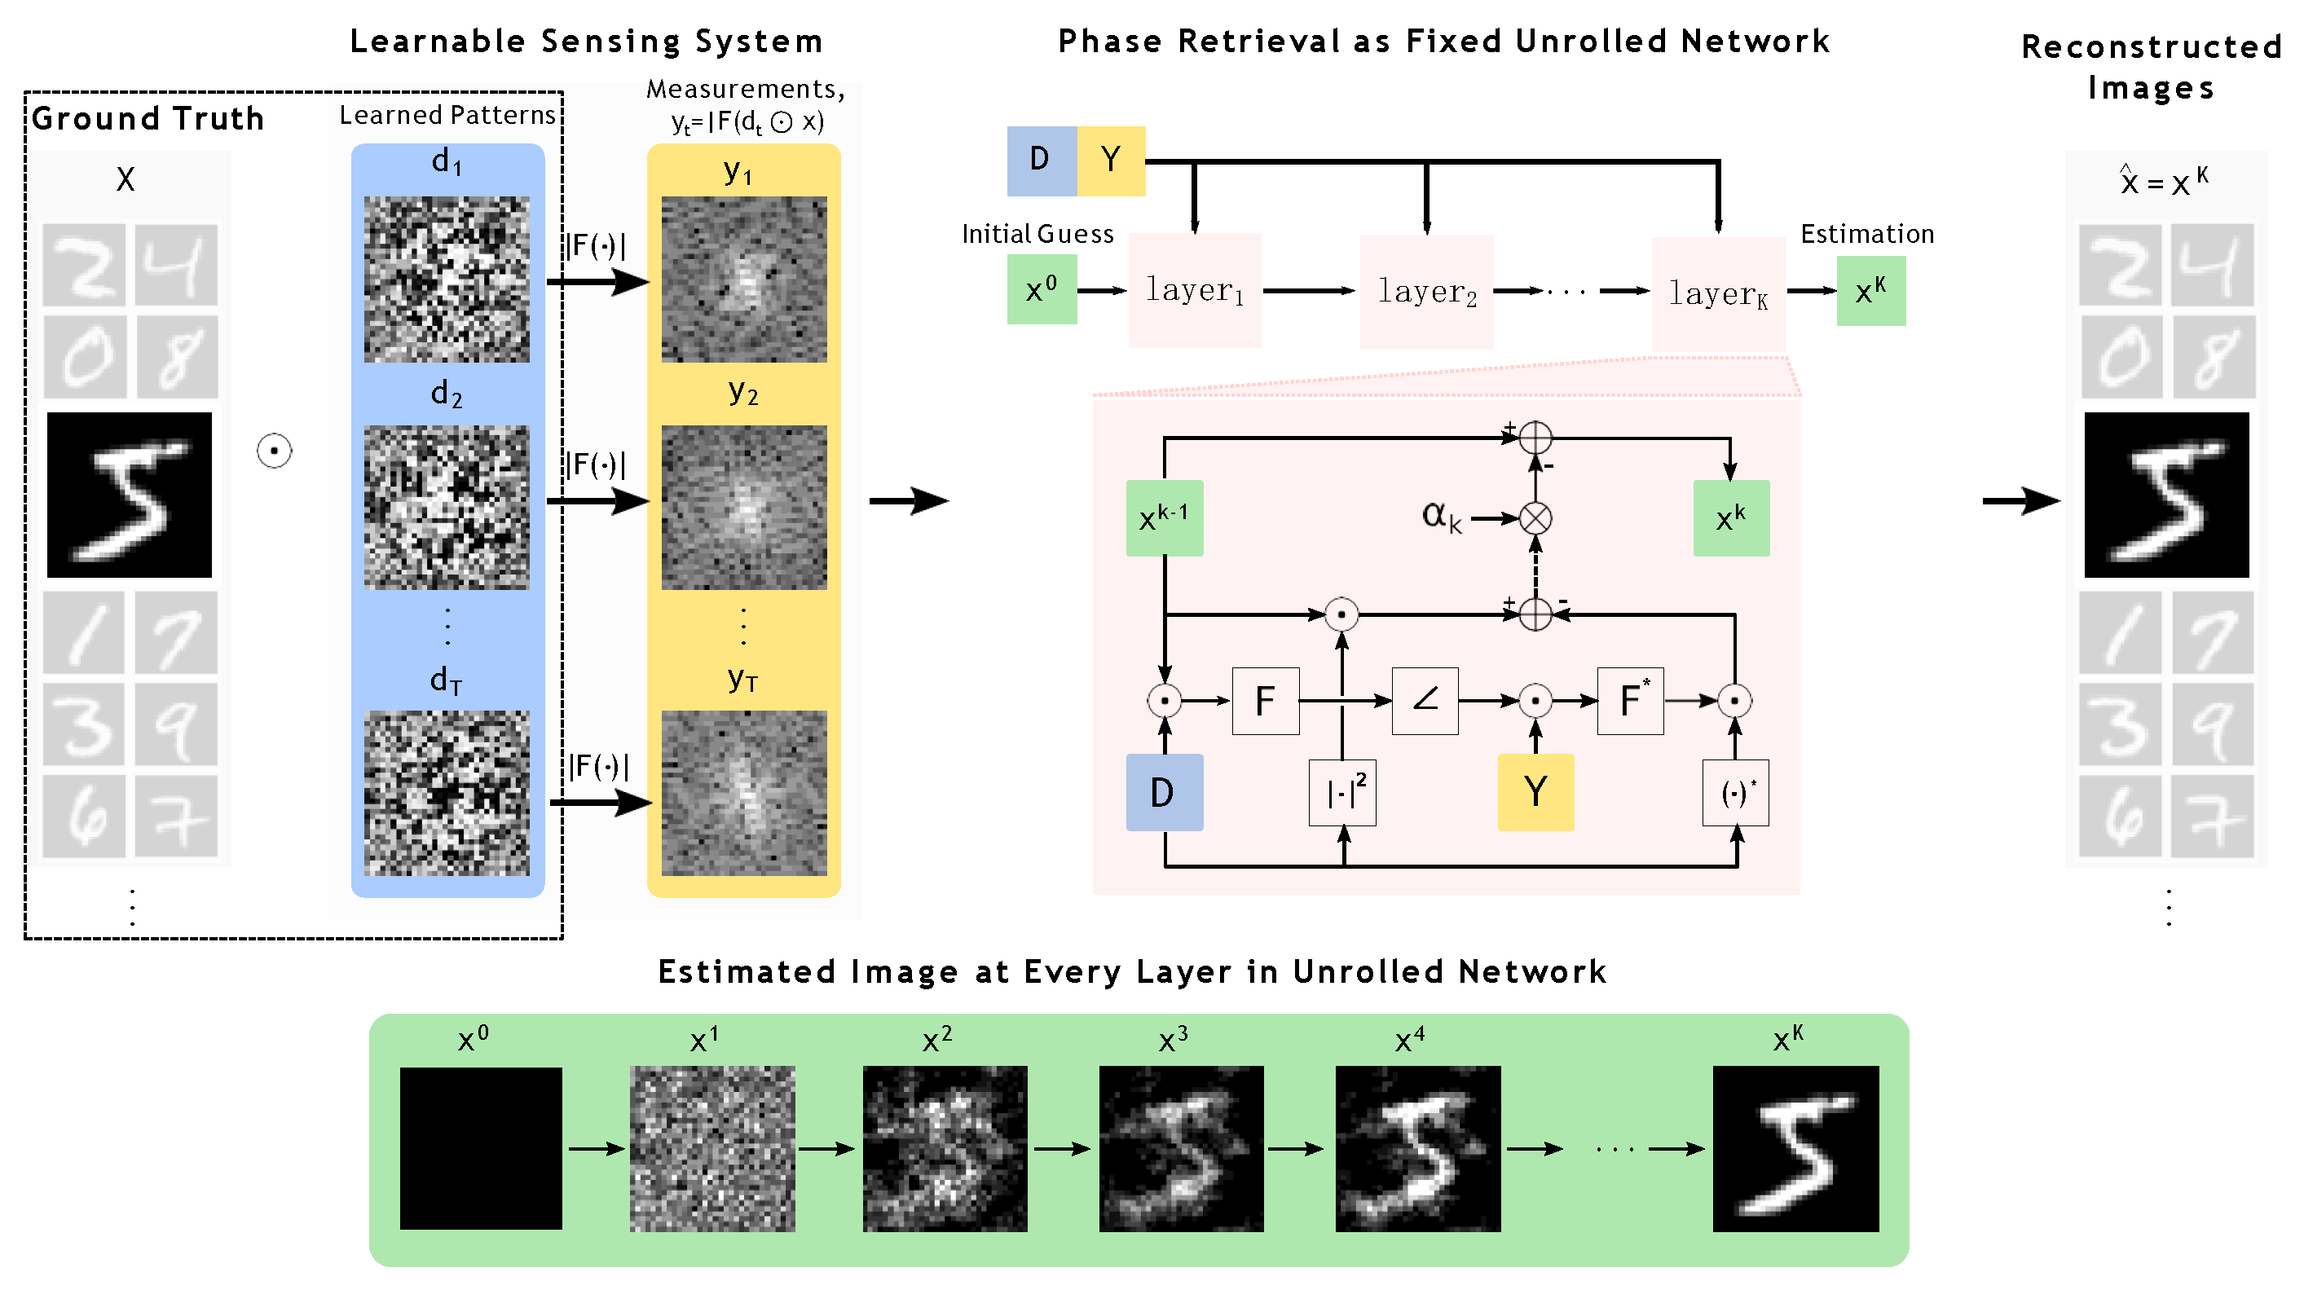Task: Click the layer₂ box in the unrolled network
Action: click(1425, 292)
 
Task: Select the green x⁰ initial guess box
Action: click(1041, 289)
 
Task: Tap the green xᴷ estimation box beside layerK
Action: click(1870, 291)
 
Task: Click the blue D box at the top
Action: click(1041, 161)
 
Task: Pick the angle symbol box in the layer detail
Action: click(1425, 701)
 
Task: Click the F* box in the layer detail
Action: click(1630, 701)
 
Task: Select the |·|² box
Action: click(1341, 793)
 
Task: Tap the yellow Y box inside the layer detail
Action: click(1535, 793)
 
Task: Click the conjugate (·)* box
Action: click(1735, 793)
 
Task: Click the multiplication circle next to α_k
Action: click(1535, 518)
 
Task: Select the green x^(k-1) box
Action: click(1164, 518)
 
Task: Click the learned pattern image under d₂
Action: click(447, 506)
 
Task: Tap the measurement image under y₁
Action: click(743, 280)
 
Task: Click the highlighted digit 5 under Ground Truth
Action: click(130, 495)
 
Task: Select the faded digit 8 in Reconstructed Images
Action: click(2214, 357)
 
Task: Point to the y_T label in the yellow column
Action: click(742, 679)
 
